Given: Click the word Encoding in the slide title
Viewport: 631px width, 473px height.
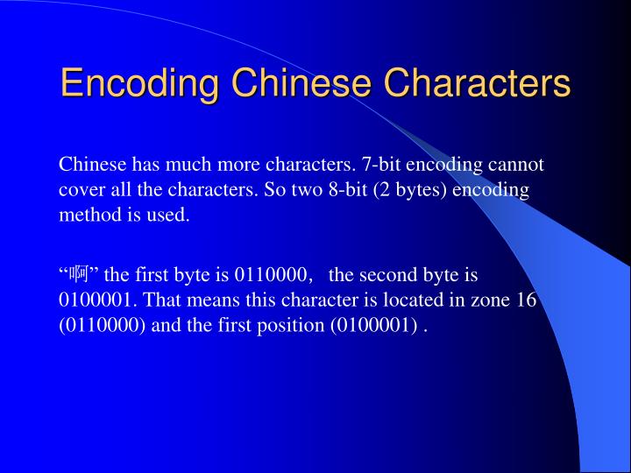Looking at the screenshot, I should (x=139, y=84).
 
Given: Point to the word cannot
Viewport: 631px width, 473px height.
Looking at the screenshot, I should (x=516, y=165).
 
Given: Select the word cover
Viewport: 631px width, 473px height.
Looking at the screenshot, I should (x=79, y=190).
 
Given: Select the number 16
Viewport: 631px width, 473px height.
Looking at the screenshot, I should (x=526, y=300).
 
